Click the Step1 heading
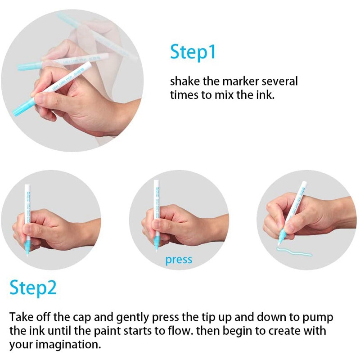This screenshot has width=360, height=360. point(193,52)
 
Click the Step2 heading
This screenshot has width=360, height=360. point(33,288)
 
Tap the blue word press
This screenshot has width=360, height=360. point(179,260)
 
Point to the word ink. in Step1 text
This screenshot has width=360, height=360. point(265,95)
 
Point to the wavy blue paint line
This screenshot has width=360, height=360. point(294,252)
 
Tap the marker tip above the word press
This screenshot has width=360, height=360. point(157,249)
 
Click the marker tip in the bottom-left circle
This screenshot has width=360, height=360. point(27,252)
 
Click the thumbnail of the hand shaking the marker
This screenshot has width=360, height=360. point(72,81)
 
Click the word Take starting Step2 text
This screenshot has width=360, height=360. point(21,317)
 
